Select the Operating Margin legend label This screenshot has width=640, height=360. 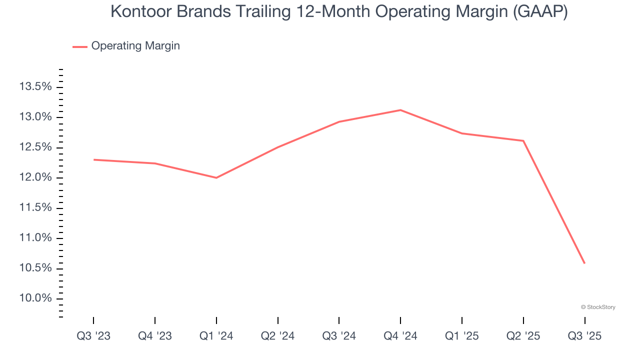135,46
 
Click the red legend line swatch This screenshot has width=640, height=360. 80,46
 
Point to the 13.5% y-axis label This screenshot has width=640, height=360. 35,87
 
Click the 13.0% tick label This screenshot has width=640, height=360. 35,117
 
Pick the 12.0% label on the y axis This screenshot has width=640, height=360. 35,178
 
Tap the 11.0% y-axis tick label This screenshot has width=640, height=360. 35,238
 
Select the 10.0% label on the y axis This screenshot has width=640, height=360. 35,298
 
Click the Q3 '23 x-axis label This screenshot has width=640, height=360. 93,336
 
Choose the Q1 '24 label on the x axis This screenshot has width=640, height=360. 216,336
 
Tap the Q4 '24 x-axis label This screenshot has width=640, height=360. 400,336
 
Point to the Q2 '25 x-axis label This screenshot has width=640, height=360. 523,336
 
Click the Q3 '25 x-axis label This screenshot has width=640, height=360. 584,336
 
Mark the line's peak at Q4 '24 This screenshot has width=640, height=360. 400,110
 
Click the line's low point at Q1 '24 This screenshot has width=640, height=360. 216,177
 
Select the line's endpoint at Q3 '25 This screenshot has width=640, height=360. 584,263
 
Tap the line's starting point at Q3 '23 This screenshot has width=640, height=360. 94,159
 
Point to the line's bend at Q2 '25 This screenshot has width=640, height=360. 523,141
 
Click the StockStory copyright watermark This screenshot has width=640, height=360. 598,307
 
